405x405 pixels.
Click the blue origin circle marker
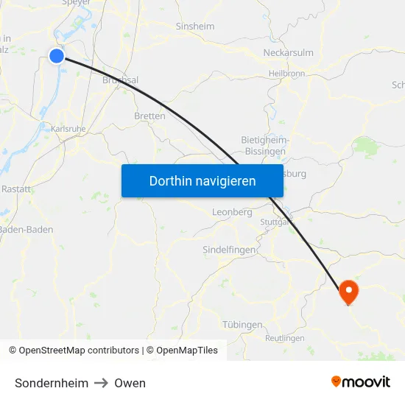[x=57, y=55]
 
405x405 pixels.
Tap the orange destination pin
[x=348, y=292]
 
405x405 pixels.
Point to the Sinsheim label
[x=194, y=27]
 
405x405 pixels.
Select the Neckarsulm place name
[x=288, y=53]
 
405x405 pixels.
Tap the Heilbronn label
[x=286, y=74]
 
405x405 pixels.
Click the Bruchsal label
[x=121, y=80]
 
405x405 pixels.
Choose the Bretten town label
[x=149, y=116]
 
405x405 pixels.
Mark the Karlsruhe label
[x=69, y=128]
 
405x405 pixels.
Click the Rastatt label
[x=16, y=189]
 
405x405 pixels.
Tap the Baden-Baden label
[x=27, y=230]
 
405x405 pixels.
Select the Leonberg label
[x=232, y=212]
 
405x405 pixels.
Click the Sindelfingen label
[x=229, y=250]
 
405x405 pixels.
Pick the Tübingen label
[x=242, y=325]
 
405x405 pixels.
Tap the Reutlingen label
[x=284, y=339]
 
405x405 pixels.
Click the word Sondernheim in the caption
[x=52, y=383]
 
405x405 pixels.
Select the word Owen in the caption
[x=130, y=383]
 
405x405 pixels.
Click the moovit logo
[x=361, y=381]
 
